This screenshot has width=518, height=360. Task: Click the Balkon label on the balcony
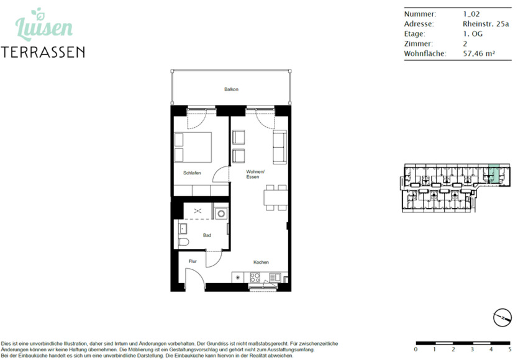pyautogui.click(x=231, y=89)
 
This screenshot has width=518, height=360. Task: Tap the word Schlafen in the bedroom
pyautogui.click(x=191, y=173)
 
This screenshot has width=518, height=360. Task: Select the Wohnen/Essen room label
pyautogui.click(x=255, y=174)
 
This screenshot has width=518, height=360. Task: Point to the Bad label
pyautogui.click(x=207, y=235)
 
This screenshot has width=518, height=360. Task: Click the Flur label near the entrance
pyautogui.click(x=193, y=262)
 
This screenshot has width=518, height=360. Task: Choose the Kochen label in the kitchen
pyautogui.click(x=261, y=263)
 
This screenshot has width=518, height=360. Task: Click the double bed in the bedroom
pyautogui.click(x=193, y=146)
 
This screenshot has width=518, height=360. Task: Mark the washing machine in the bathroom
pyautogui.click(x=220, y=213)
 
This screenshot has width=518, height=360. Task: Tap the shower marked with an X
pyautogui.click(x=198, y=212)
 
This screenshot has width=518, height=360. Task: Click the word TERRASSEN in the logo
pyautogui.click(x=43, y=52)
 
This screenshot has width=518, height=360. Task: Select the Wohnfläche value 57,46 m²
pyautogui.click(x=479, y=54)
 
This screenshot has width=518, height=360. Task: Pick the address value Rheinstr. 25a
pyautogui.click(x=485, y=24)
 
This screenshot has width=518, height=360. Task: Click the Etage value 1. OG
pyautogui.click(x=472, y=34)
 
